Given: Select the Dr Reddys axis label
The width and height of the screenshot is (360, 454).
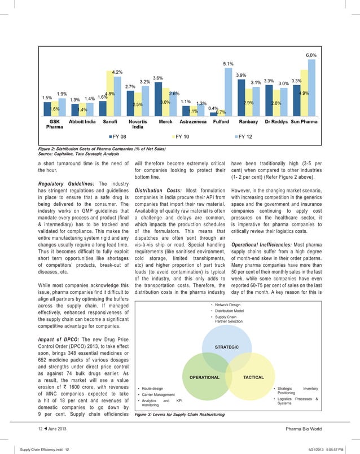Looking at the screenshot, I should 274,121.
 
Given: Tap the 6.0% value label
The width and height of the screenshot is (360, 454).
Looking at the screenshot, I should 311,56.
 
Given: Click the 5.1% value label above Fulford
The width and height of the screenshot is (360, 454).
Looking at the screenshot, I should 229,64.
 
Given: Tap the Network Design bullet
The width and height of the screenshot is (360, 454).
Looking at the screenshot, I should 227,305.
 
